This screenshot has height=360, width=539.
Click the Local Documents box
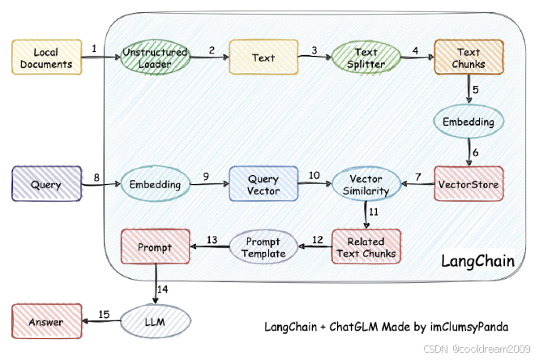(47, 57)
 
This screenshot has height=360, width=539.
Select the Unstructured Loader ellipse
(155, 57)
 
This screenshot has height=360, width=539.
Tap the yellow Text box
(263, 57)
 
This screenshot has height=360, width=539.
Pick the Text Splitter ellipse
(366, 57)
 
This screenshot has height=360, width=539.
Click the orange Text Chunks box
(468, 57)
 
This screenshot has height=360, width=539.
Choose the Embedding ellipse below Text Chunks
(468, 122)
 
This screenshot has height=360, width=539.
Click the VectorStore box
(468, 184)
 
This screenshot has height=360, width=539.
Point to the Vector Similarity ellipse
(366, 184)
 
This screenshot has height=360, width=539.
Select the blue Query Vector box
(263, 184)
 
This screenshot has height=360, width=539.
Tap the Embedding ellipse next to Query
(155, 184)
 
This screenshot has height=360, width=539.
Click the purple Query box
(47, 184)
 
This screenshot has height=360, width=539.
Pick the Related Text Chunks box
(366, 246)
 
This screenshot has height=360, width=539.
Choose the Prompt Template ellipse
(263, 246)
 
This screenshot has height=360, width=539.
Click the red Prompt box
(156, 246)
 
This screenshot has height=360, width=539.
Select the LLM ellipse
(155, 321)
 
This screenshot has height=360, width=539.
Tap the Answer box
(47, 321)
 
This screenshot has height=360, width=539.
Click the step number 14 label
(163, 289)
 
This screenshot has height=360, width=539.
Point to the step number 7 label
(418, 177)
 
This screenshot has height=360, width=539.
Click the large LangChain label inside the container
(478, 261)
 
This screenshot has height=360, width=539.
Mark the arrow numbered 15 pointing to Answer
(101, 321)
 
